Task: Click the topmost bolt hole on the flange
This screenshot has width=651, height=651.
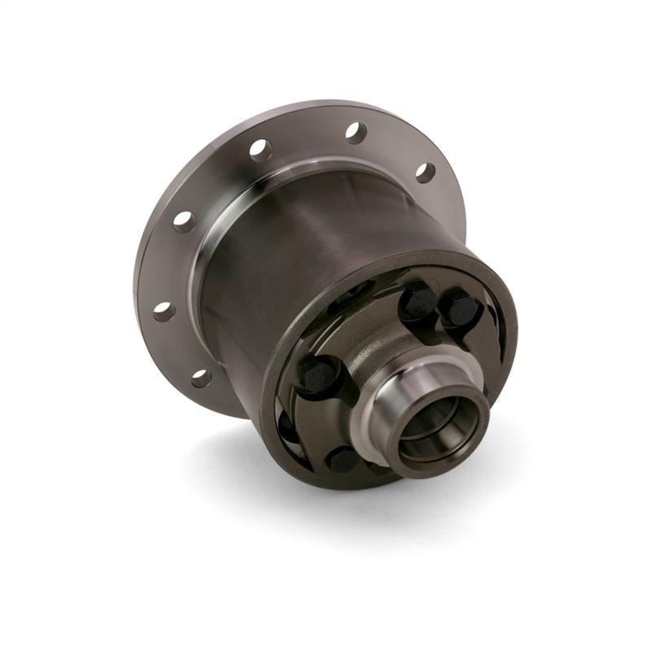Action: tap(356, 133)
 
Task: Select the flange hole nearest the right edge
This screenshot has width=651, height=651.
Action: tap(425, 172)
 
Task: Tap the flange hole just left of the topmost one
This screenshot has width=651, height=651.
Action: tap(260, 150)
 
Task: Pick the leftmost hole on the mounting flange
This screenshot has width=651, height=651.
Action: tap(164, 312)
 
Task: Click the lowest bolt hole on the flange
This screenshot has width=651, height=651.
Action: tap(201, 378)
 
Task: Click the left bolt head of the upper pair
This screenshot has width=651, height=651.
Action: tap(418, 299)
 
